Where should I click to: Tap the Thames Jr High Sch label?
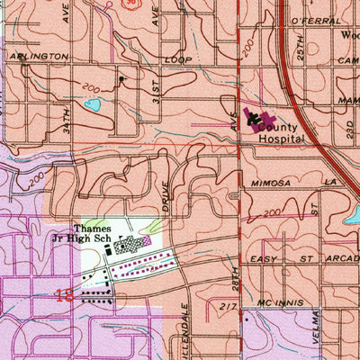click(x=96, y=234)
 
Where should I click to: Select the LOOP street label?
click(x=178, y=58)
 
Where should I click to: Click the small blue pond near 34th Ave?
click(x=92, y=105)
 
